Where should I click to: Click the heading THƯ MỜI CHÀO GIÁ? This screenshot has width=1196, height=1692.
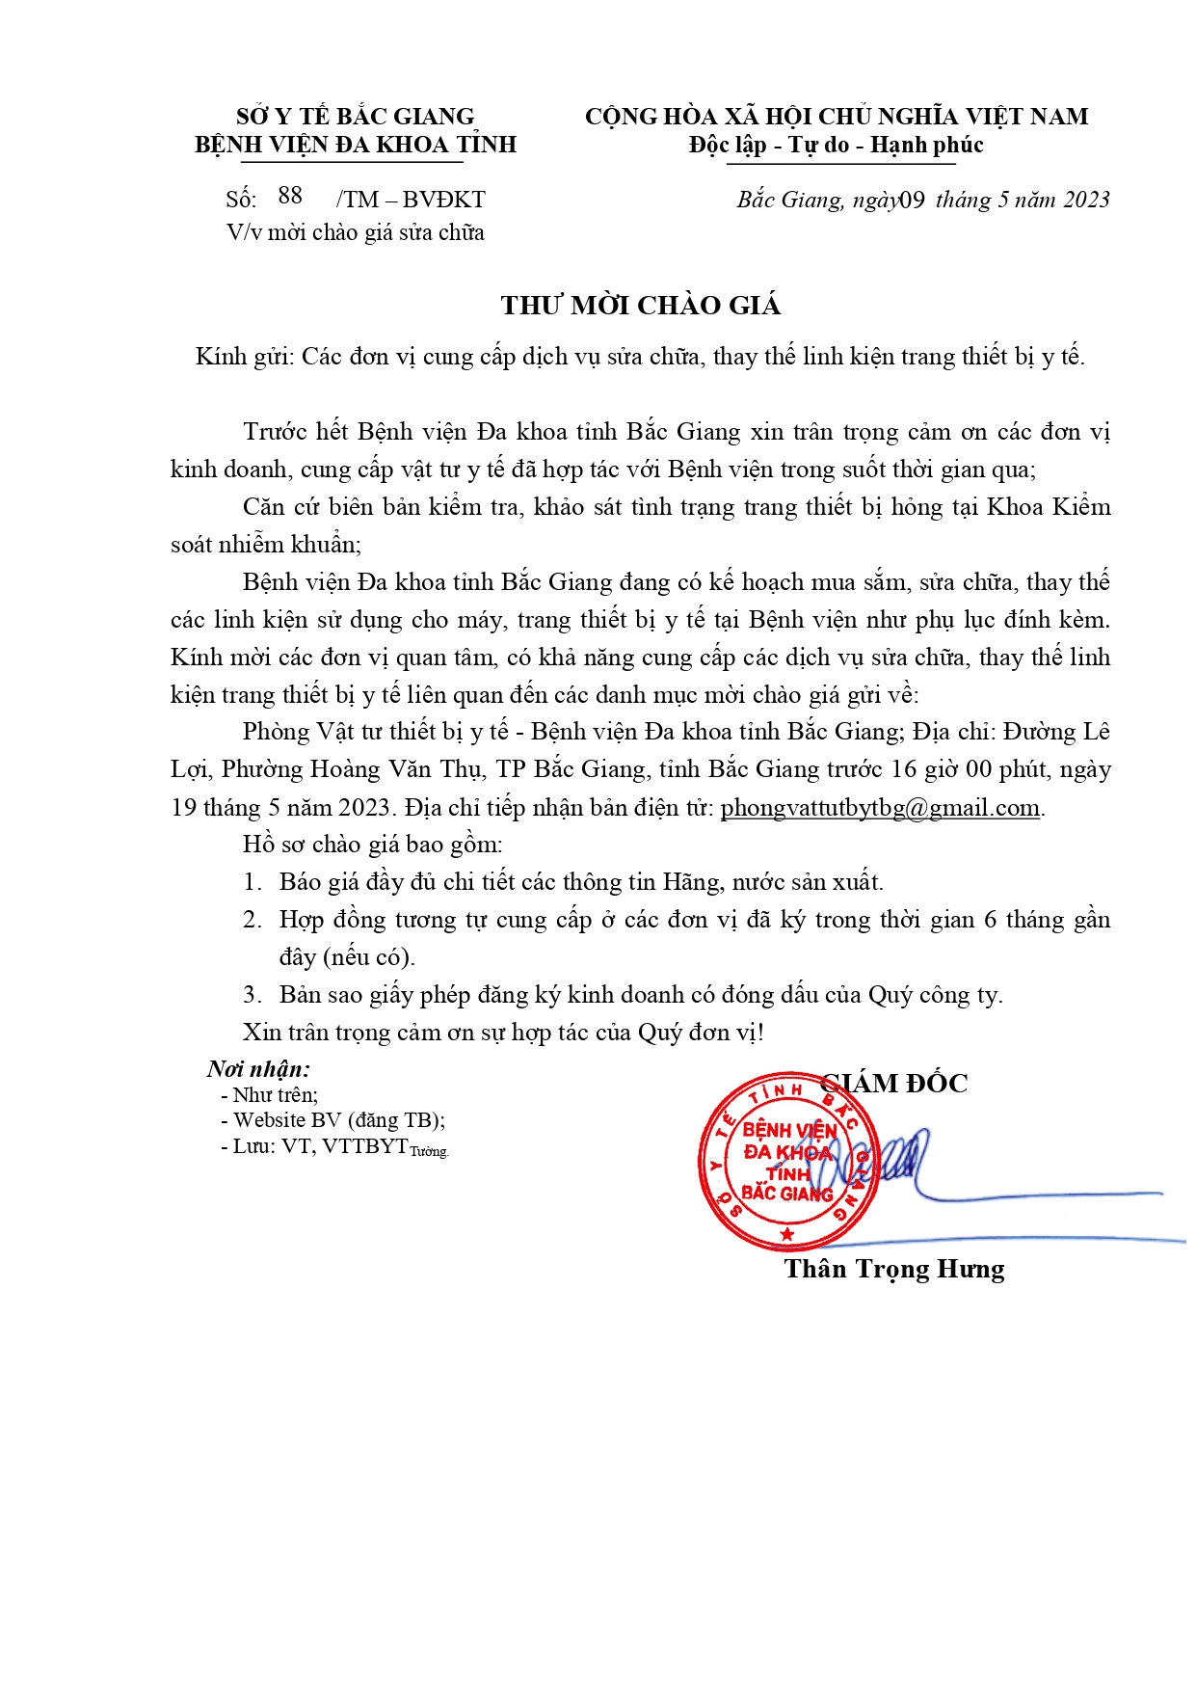[640, 306]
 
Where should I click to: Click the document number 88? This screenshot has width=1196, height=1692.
[290, 196]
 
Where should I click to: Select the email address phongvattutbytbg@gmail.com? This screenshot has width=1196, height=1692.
[880, 808]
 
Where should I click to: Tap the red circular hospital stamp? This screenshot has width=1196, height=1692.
[787, 1161]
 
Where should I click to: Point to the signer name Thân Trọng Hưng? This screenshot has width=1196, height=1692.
[894, 1269]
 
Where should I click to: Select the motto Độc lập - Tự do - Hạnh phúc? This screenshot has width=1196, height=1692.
[836, 146]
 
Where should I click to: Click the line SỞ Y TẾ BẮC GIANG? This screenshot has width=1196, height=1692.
[356, 117]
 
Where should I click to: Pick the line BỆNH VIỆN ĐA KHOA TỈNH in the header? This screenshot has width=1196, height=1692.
[356, 145]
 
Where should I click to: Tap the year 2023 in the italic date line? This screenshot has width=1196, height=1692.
[1087, 200]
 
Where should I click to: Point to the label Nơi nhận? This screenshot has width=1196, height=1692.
[258, 1069]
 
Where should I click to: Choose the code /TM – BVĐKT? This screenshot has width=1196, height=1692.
[411, 200]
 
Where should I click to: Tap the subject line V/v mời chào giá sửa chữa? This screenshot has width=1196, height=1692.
[356, 232]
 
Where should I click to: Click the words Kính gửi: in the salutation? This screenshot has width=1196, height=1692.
[244, 357]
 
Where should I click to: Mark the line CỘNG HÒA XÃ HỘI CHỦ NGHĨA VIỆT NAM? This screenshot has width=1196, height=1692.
[836, 117]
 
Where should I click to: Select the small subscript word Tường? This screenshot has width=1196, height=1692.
[430, 1151]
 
